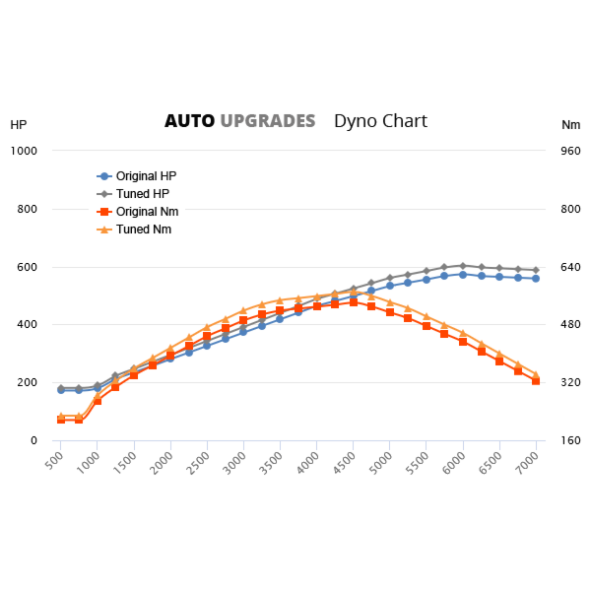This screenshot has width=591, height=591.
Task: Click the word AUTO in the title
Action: coord(189,121)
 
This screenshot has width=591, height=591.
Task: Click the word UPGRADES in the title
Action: coord(267,121)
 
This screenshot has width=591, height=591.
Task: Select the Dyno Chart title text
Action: coord(380,121)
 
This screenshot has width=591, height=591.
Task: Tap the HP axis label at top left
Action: coord(19,125)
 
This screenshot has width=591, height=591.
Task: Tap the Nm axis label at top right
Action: coord(570,125)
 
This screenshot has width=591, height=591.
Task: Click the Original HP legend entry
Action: coord(146,175)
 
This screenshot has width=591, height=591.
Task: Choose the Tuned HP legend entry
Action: coord(142,193)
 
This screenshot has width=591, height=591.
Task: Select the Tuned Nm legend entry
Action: coord(143,229)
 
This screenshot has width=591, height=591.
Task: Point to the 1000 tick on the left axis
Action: coord(24,151)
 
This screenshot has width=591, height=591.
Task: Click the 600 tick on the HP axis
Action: coord(27,267)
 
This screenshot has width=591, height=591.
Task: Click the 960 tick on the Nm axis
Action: coord(570,151)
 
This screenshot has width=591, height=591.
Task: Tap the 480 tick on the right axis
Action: coord(570,325)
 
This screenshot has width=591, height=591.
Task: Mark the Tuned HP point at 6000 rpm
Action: coord(463,266)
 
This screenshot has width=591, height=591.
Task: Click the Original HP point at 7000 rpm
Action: coord(536,279)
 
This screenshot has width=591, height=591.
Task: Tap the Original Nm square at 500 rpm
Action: coord(61,420)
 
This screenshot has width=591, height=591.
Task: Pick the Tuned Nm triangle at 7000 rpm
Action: coord(536,374)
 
